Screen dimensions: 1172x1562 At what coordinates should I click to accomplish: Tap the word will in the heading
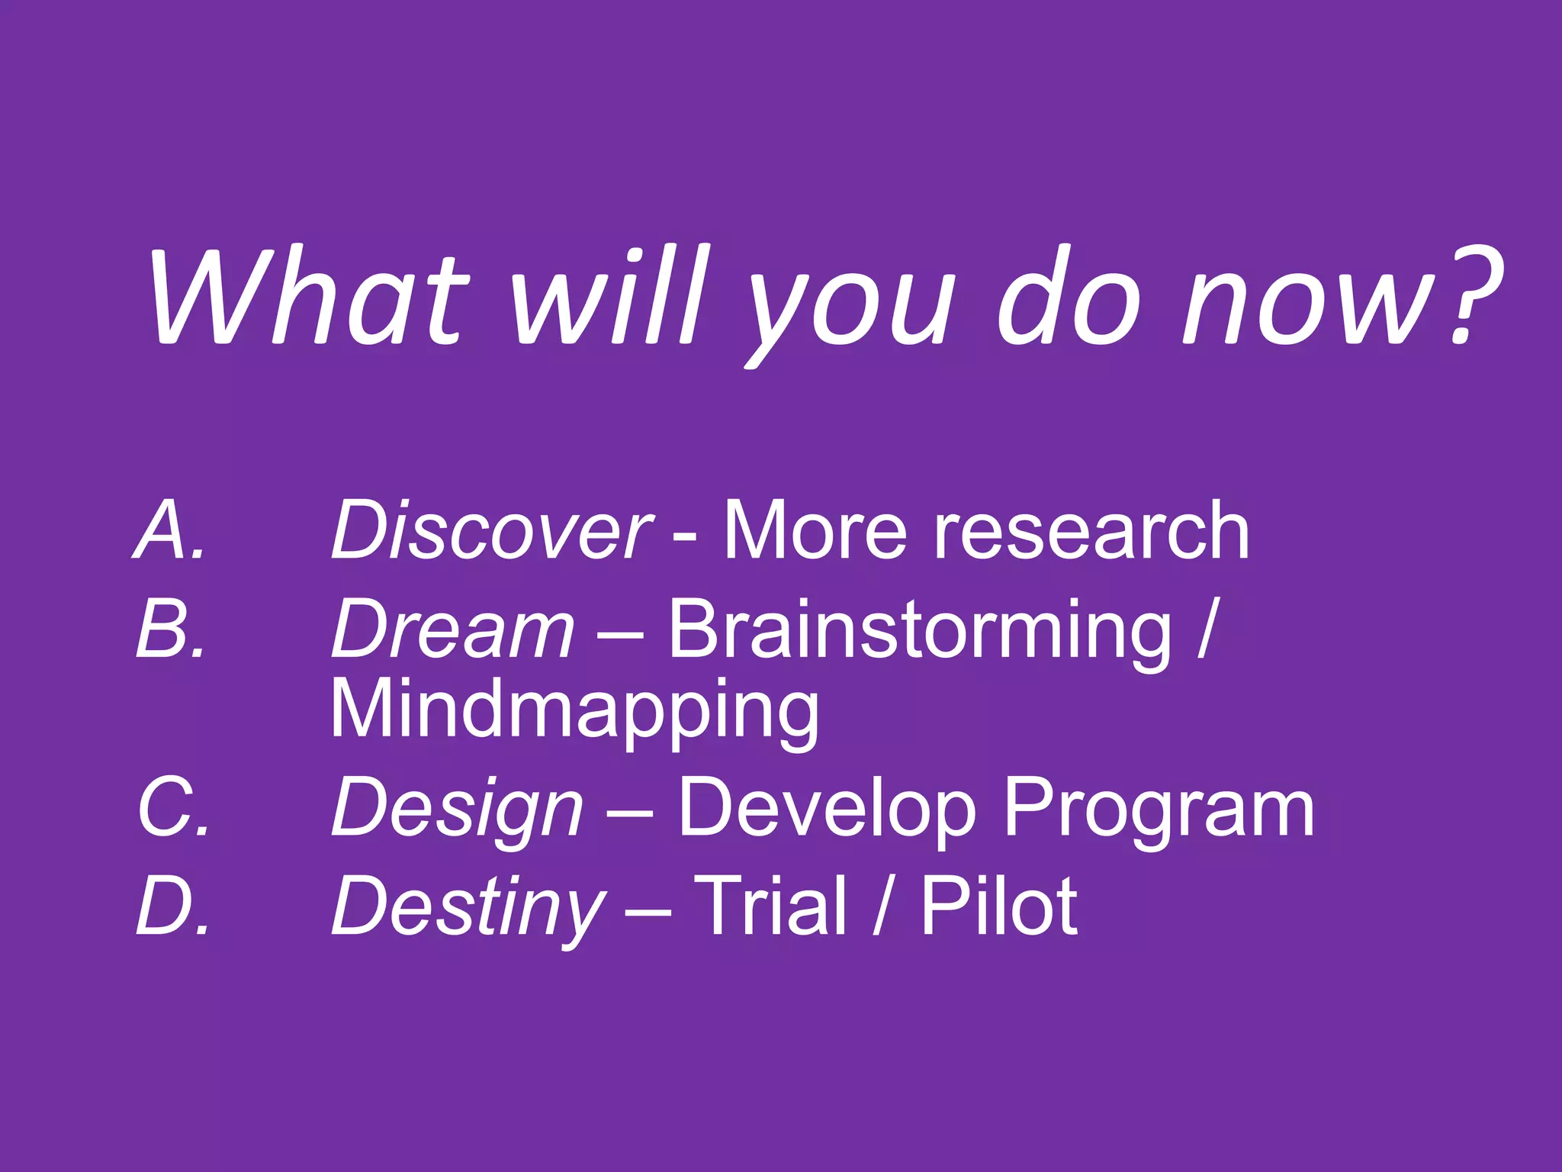click(610, 298)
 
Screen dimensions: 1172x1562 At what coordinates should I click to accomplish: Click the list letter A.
click(169, 530)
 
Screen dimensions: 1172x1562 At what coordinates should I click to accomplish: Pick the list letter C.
click(173, 807)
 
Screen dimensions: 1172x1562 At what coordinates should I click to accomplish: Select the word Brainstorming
click(919, 630)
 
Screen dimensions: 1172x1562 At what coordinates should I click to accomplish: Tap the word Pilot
click(999, 906)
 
